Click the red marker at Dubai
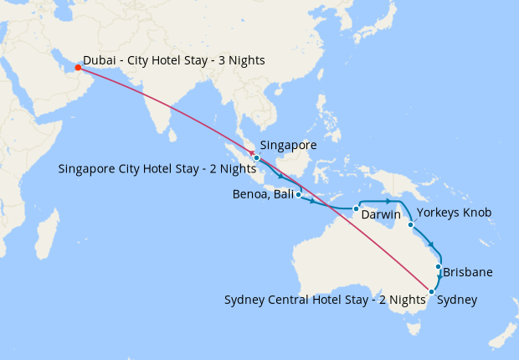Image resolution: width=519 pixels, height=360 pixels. (x=78, y=69)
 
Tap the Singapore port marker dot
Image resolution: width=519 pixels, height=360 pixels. (x=257, y=157)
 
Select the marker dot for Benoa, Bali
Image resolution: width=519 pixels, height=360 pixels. (x=298, y=194)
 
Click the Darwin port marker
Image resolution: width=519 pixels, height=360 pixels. (x=356, y=208)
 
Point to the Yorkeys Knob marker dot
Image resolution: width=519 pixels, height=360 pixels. (x=410, y=224)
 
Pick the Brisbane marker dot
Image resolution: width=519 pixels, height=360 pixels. (x=438, y=267)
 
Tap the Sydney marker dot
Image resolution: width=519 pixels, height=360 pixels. (x=431, y=291)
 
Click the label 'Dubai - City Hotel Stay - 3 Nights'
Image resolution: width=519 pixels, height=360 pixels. (x=173, y=60)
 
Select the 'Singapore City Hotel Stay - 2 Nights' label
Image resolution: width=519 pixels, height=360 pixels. (x=157, y=168)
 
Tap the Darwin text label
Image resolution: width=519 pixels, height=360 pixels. (x=381, y=215)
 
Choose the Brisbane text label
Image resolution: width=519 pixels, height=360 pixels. (x=467, y=272)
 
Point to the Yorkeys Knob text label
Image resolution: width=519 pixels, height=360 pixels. (x=453, y=213)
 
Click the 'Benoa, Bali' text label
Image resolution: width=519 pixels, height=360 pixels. (x=261, y=195)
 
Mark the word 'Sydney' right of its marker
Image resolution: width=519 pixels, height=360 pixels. (x=458, y=300)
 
